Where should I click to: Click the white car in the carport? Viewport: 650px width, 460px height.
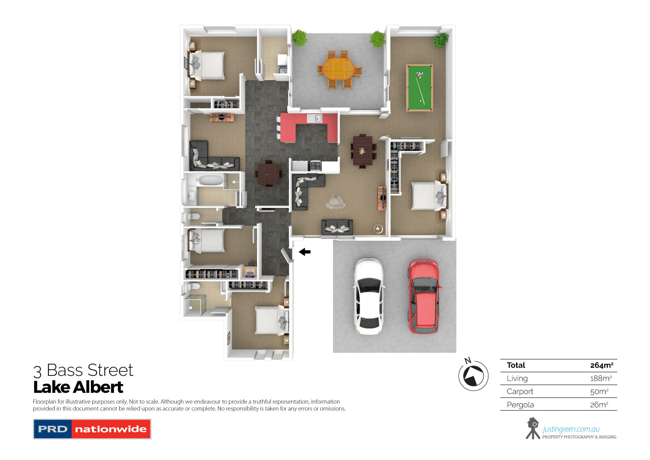tap(368, 296)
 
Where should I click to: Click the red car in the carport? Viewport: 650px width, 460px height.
tap(424, 296)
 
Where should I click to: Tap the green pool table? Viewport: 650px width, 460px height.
tap(419, 88)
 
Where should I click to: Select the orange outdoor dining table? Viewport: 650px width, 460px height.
tap(339, 69)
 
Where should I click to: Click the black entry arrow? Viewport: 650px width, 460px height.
tap(305, 252)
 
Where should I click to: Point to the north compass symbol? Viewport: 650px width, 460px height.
tap(473, 375)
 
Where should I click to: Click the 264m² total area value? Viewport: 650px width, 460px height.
tap(601, 365)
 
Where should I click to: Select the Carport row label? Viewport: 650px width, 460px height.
tap(520, 391)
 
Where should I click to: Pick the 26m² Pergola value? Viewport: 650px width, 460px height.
tap(599, 404)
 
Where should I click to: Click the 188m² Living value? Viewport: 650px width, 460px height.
tap(601, 378)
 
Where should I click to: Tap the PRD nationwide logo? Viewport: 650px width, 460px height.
tap(92, 429)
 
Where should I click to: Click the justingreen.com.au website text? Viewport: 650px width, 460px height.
tap(571, 429)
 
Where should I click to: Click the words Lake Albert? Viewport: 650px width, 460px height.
tap(78, 387)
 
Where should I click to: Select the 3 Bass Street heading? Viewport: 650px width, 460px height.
tap(83, 370)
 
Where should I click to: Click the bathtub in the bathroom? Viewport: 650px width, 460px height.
tap(210, 180)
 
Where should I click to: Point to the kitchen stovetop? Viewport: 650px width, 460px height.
tap(315, 165)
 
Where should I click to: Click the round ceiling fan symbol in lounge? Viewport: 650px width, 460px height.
tap(378, 229)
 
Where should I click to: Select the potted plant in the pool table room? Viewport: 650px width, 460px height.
tap(441, 40)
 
